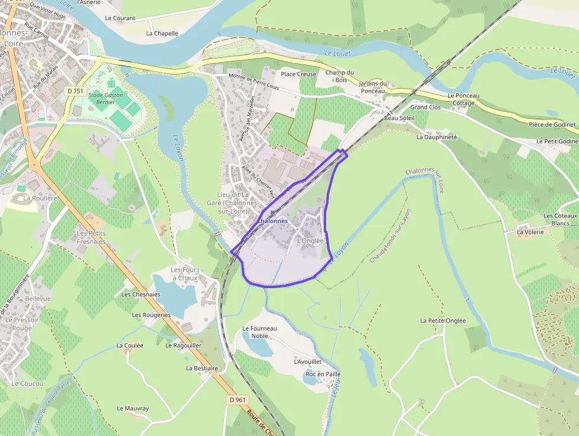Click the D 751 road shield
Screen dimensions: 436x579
[74, 91]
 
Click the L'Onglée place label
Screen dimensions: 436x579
[310, 241]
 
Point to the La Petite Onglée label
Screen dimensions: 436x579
[443, 321]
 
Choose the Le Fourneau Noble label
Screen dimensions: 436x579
[260, 332]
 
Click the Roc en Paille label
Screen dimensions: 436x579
[323, 374]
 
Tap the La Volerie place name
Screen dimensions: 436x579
[530, 232]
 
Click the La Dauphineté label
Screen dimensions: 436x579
[437, 137]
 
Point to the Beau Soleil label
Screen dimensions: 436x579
[399, 118]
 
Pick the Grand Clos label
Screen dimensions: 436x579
[425, 107]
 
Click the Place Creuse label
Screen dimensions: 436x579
[298, 74]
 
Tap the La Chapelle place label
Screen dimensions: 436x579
[162, 33]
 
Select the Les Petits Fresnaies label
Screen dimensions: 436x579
[91, 237]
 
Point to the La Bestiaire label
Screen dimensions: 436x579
[202, 368]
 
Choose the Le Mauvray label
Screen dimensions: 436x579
[133, 408]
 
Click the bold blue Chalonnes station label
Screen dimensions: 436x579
[272, 221]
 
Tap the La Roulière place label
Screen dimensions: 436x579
[41, 198]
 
